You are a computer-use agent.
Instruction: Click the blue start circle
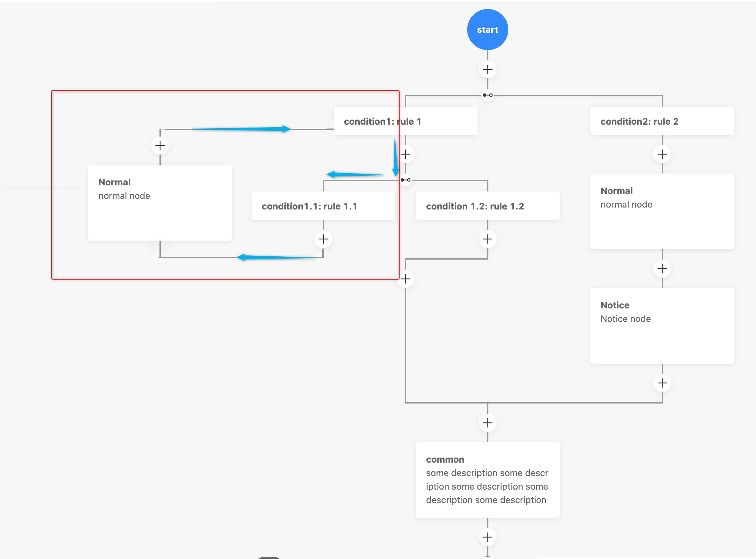click(x=487, y=30)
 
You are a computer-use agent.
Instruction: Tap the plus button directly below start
click(x=487, y=70)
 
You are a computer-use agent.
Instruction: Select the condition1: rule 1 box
click(x=405, y=121)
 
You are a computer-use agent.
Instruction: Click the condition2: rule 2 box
click(x=662, y=121)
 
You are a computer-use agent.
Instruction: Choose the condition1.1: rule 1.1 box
click(x=323, y=206)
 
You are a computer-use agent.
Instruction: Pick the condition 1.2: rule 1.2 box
click(x=487, y=206)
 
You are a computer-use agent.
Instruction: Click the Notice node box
click(x=662, y=325)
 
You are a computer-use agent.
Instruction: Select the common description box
click(x=487, y=479)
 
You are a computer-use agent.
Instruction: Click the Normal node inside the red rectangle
click(x=160, y=203)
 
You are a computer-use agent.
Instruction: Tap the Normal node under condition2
click(x=662, y=211)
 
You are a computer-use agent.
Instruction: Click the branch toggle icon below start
click(x=487, y=95)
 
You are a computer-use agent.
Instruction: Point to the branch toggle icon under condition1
click(x=405, y=180)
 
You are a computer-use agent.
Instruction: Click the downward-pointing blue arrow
click(x=395, y=158)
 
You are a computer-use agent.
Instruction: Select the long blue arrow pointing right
click(x=241, y=129)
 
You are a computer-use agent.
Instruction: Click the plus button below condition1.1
click(x=323, y=239)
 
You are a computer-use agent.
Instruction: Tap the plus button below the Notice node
click(x=662, y=383)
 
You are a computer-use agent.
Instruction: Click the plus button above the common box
click(x=487, y=423)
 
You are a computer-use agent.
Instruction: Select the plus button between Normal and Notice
click(x=662, y=269)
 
